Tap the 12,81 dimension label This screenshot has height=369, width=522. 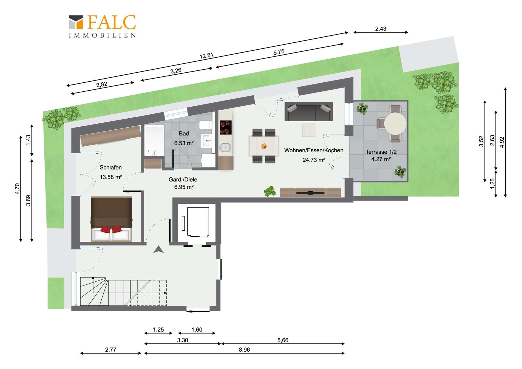click(x=206, y=55)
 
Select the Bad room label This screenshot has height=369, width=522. click(x=184, y=134)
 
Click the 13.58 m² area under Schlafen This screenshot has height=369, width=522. click(x=111, y=177)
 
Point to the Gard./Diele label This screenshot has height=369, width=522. click(x=183, y=179)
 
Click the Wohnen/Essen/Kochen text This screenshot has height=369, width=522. click(x=314, y=150)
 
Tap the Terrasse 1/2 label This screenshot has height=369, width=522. click(x=381, y=152)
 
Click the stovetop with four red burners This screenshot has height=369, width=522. click(x=226, y=128)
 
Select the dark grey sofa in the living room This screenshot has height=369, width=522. click(x=309, y=111)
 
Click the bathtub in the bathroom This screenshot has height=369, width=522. click(x=154, y=141)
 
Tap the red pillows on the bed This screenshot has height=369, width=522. click(x=111, y=229)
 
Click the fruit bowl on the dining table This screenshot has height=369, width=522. click(x=264, y=146)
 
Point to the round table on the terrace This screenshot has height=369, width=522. click(x=395, y=123)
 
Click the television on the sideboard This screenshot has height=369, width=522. click(x=310, y=193)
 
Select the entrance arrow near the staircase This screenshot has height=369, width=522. click(x=159, y=249)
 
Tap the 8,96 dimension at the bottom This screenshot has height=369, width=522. click(x=244, y=350)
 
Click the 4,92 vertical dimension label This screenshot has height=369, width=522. click(x=502, y=142)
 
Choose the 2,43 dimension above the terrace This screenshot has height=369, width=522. click(x=381, y=29)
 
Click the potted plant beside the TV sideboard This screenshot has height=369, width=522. click(x=270, y=191)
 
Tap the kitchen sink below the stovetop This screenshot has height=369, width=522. click(x=225, y=148)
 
